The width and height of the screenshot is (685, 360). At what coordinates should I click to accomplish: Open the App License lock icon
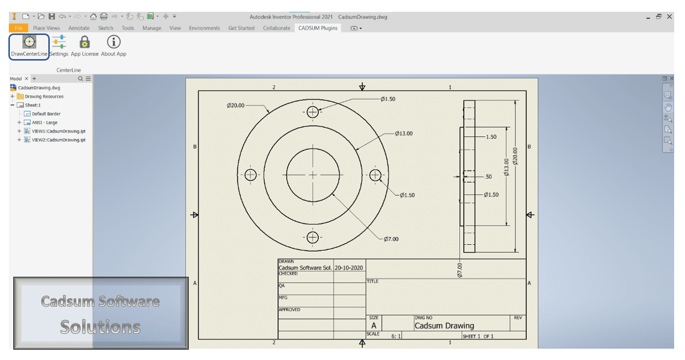point(84,43)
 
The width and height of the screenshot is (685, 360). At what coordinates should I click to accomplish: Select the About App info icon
point(113,43)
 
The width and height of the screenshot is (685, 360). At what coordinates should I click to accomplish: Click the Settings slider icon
point(59,43)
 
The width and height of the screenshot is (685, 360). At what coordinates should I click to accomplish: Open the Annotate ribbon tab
point(79,28)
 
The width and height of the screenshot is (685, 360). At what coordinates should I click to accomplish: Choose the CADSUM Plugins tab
point(318,28)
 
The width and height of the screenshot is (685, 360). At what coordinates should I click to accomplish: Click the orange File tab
point(18,28)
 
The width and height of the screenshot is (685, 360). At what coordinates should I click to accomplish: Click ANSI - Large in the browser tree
point(44,123)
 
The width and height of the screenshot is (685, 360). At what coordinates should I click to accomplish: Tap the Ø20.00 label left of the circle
point(235,105)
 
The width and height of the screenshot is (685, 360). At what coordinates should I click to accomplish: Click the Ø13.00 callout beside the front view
point(404,133)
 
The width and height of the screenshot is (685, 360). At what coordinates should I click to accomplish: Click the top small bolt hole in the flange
point(312,112)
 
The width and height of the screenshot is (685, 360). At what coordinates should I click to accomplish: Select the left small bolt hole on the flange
point(250,175)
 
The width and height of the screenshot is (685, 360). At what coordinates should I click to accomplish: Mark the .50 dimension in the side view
point(488,177)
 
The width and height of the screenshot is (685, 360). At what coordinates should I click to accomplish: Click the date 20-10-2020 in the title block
point(349,268)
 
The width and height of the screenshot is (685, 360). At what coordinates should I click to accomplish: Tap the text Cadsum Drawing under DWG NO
point(444,326)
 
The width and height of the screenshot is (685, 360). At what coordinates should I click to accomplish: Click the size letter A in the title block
point(374,326)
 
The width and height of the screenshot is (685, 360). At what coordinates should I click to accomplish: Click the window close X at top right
point(669,17)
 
